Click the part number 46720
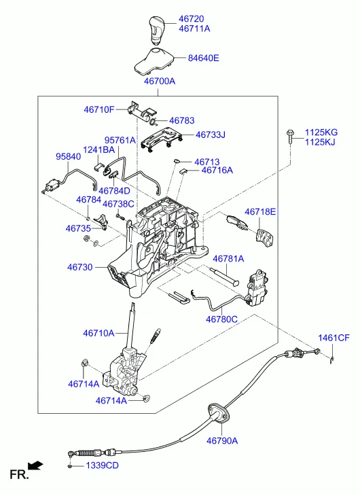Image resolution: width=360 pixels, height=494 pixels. [x=194, y=18]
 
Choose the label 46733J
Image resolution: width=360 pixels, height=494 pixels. [x=211, y=135]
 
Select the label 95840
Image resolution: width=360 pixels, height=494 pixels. [x=68, y=156]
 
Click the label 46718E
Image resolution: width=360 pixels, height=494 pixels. [x=261, y=212]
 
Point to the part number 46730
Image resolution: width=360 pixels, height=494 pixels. [x=79, y=267]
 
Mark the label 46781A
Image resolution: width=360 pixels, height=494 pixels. [x=229, y=259]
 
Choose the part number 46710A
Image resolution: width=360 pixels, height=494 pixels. [x=98, y=333]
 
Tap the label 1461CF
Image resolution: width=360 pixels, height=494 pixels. [x=334, y=338]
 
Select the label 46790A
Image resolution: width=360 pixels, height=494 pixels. [x=221, y=440]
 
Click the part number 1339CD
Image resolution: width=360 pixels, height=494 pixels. [x=102, y=465]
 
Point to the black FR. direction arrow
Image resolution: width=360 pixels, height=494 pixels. [x=36, y=465]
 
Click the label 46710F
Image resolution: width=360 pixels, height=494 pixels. [x=99, y=109]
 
